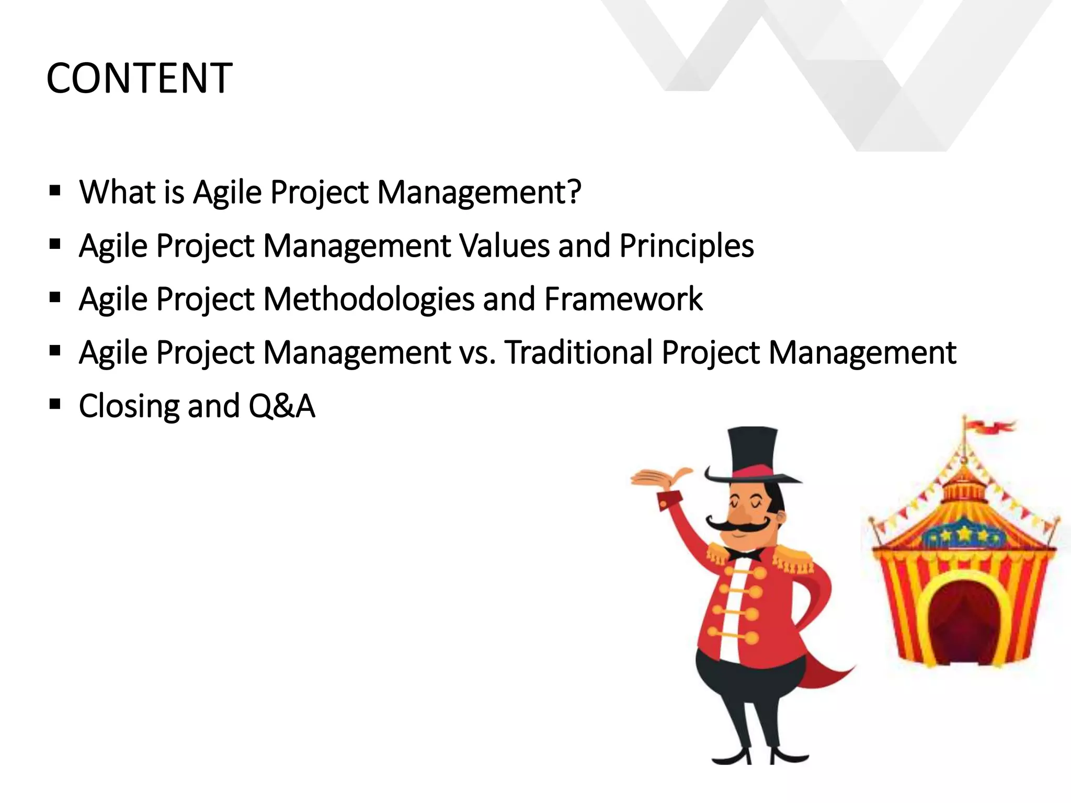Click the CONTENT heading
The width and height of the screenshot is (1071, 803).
click(139, 78)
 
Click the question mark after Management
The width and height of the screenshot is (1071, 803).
click(573, 191)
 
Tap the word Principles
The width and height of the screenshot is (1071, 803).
click(686, 245)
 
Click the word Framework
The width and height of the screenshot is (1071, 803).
click(623, 299)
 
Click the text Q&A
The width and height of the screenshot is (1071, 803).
click(281, 406)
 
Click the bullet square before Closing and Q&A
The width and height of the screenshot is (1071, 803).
click(55, 404)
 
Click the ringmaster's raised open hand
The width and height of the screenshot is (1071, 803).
click(660, 477)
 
